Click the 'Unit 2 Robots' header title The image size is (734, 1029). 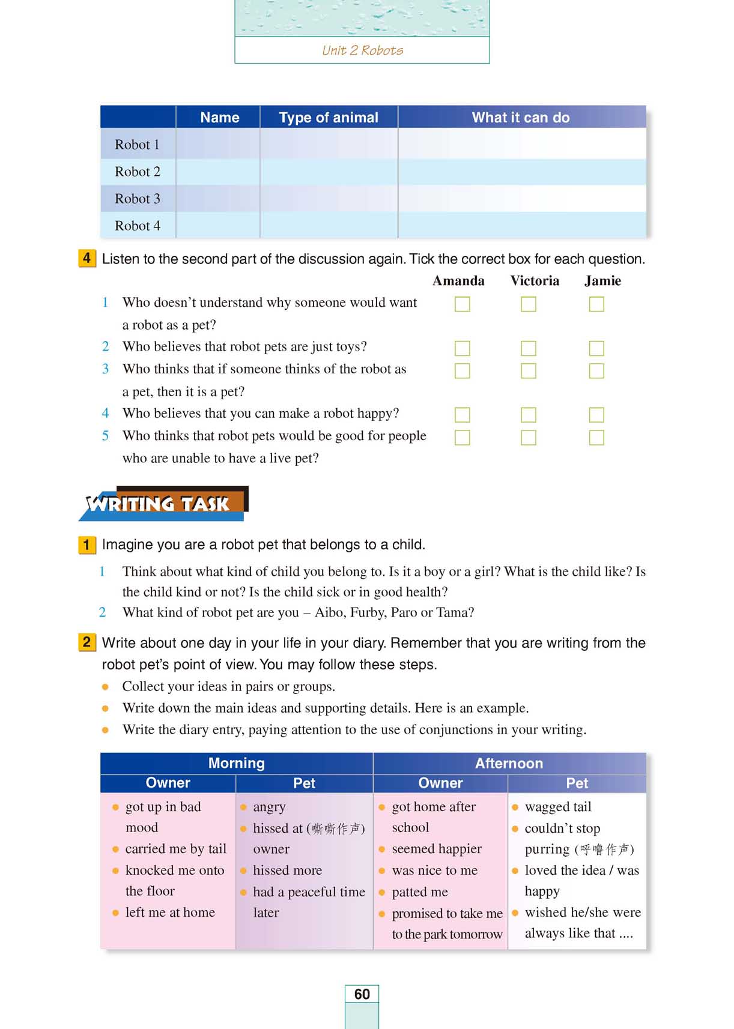coord(362,50)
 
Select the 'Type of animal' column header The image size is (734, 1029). coord(329,118)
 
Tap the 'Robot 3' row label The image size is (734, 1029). coord(138,199)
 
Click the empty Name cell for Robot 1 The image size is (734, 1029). coord(217,145)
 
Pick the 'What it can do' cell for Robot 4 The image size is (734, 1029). coord(521,226)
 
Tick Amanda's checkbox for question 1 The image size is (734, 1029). coord(463,304)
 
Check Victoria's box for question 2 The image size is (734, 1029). coord(529,348)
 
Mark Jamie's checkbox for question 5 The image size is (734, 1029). coord(596,438)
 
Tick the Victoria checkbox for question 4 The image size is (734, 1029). coord(529,415)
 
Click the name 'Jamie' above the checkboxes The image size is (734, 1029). coord(602,281)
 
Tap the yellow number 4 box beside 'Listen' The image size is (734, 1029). coord(87,259)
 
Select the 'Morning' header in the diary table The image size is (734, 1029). coord(236,763)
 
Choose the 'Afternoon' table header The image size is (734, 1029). coord(509,763)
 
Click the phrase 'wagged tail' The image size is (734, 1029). coord(558,807)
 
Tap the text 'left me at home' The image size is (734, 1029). coord(170,913)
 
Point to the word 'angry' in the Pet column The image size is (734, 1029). coord(269,807)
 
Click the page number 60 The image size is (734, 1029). coord(362,994)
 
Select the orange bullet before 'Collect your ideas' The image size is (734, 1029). coord(106,687)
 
